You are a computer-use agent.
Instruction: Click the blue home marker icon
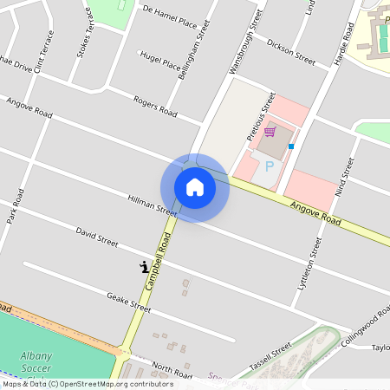coord(195,187)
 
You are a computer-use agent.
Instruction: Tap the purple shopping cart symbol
coord(270,132)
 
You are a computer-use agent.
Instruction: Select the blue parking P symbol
coord(269,166)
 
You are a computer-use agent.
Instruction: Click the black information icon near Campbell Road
coord(143,266)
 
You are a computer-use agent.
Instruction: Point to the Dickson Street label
coord(290,52)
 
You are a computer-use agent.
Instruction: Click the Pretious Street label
coord(260,116)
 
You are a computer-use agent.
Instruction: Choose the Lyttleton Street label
coord(309,263)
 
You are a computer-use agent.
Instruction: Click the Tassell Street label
coord(270,360)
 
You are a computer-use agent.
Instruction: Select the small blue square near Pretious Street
coord(291,146)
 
